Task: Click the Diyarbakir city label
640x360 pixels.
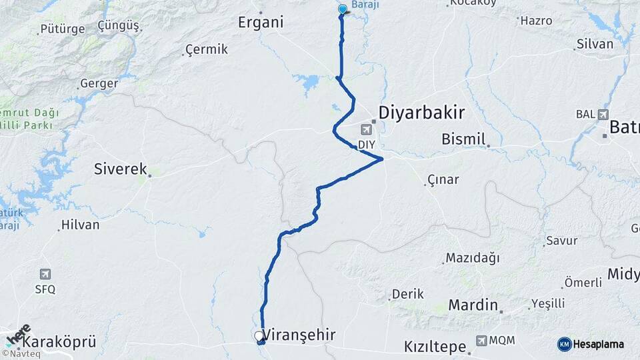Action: (x=421, y=112)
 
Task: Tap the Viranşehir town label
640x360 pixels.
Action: (x=299, y=335)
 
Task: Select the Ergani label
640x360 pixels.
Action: (x=261, y=22)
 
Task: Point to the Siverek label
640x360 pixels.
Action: (x=121, y=169)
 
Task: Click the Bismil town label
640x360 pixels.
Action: (x=464, y=139)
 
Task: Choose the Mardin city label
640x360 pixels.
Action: (x=473, y=305)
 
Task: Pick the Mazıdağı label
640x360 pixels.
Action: (x=472, y=258)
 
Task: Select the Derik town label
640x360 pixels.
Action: (x=408, y=294)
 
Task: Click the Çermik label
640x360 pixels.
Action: (x=207, y=49)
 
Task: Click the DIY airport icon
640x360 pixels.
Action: (x=367, y=129)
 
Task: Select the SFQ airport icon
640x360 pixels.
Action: (x=45, y=274)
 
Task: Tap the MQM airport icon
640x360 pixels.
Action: (x=481, y=341)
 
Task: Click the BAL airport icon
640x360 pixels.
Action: (x=603, y=114)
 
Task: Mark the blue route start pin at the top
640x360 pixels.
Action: (x=343, y=9)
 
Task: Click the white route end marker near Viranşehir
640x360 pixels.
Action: (x=259, y=337)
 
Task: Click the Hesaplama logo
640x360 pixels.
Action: (x=591, y=344)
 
